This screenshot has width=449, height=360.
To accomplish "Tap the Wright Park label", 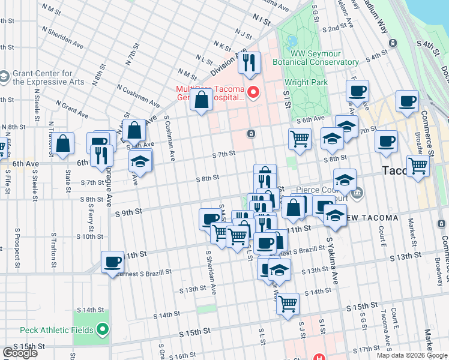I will [306, 82].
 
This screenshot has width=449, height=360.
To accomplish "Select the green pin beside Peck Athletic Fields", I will [103, 329].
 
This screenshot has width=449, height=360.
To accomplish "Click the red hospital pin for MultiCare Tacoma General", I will [253, 92].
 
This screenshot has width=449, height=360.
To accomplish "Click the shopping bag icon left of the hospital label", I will [201, 100].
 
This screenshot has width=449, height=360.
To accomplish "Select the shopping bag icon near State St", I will [62, 144].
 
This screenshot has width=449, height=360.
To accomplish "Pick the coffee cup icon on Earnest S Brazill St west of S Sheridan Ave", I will [113, 263].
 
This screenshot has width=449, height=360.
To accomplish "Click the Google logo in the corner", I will [20, 353].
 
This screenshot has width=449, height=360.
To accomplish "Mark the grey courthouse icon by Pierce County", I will [358, 193].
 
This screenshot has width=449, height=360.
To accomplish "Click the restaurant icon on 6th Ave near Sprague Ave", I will [100, 156].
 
